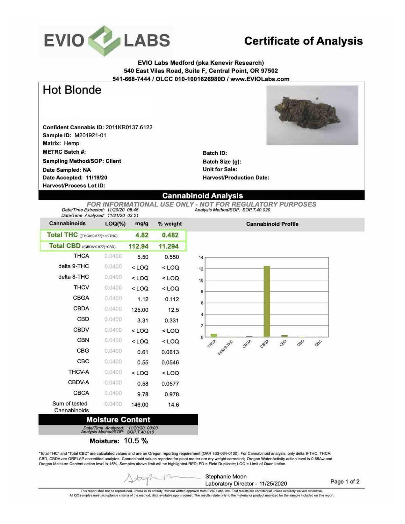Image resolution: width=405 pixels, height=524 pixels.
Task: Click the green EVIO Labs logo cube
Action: click(x=104, y=41)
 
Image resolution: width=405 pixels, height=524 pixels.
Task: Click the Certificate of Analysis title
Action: click(x=303, y=41)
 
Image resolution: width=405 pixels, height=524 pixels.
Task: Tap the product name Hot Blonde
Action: click(x=72, y=90)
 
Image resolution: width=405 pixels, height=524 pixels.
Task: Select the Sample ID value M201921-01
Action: click(x=90, y=135)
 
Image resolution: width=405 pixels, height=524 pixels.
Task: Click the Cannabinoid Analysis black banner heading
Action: click(x=202, y=196)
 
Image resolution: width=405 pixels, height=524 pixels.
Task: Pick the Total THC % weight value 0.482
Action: click(x=170, y=235)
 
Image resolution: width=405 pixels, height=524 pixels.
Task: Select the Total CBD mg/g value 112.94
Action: click(x=138, y=246)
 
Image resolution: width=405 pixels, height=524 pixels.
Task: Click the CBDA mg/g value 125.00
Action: click(x=140, y=310)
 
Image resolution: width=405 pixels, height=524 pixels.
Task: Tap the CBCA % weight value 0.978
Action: click(x=172, y=394)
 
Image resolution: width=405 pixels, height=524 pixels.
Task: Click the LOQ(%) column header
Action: click(x=115, y=224)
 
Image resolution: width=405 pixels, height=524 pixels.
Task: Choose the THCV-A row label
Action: click(x=79, y=372)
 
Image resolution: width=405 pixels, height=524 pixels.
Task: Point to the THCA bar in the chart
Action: click(x=214, y=335)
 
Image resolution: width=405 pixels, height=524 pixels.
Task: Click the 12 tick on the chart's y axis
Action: click(x=201, y=269)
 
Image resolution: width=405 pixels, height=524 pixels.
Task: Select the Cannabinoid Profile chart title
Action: click(x=272, y=224)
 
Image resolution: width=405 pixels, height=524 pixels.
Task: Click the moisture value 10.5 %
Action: click(x=136, y=441)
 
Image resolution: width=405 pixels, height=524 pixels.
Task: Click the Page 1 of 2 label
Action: click(x=345, y=481)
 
